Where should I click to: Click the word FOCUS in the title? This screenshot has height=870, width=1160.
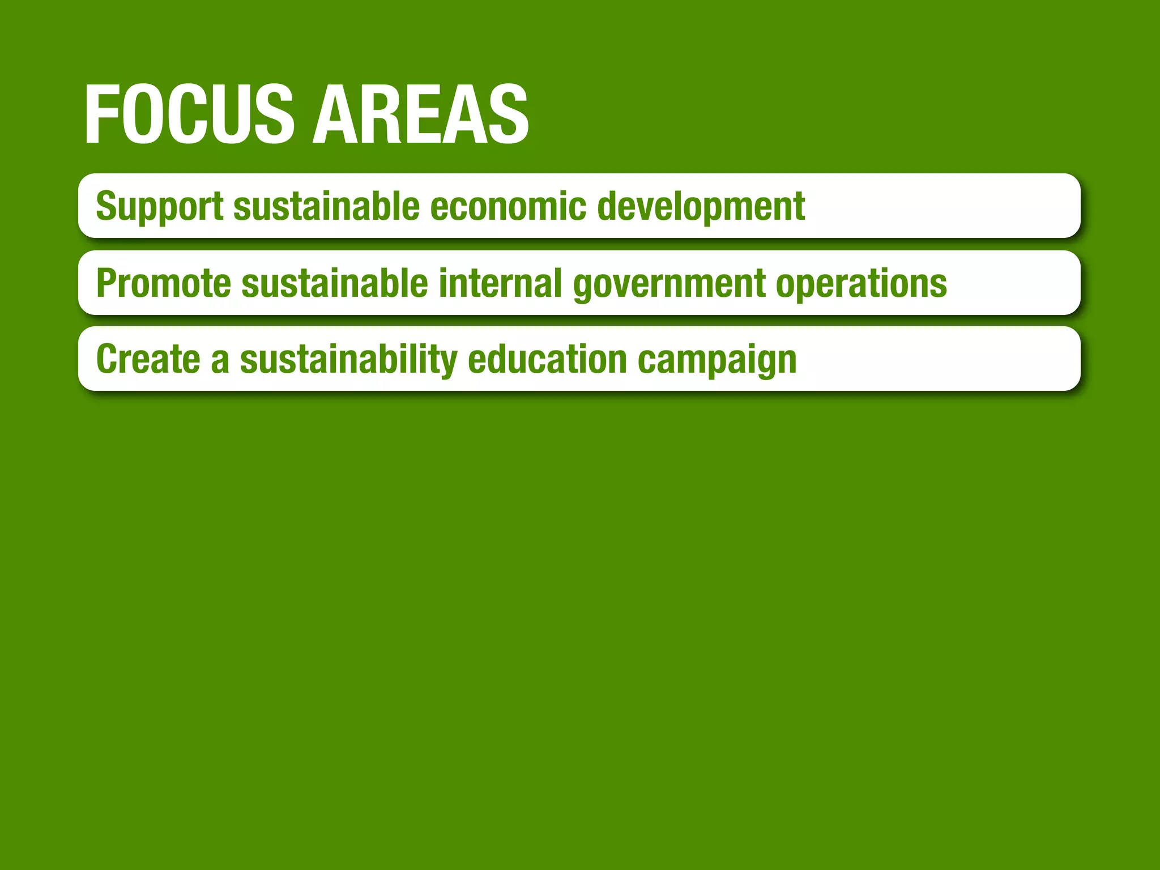coord(189,114)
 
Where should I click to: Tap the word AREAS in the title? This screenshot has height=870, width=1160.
coord(420,114)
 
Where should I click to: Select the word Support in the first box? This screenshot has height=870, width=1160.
coord(159,206)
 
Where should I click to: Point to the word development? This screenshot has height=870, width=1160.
coord(701,206)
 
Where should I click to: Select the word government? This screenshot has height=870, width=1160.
coord(669,284)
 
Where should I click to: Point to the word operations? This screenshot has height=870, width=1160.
coord(861,284)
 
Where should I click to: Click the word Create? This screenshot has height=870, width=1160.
coord(148,359)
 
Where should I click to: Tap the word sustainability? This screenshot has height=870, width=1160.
coord(348,359)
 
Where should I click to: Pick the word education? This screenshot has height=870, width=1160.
coord(547,359)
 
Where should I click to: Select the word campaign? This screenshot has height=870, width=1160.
coord(717,360)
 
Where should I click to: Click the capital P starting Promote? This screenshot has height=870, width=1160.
coord(106,283)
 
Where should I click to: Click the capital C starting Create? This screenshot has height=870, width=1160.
coord(107,359)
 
